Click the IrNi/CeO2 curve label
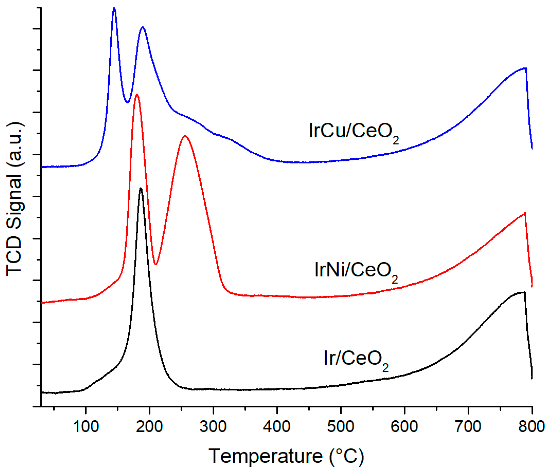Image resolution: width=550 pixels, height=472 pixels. [x=356, y=271]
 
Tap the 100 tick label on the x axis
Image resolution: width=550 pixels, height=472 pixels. [x=86, y=427]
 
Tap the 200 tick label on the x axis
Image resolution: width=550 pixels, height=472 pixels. [x=149, y=427]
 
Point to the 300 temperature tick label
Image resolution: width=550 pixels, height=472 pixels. [x=213, y=427]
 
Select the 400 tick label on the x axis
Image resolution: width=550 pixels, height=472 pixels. [x=277, y=427]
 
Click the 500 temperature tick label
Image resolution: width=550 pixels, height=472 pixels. [x=340, y=427]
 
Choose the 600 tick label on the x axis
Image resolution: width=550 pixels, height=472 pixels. [x=404, y=427]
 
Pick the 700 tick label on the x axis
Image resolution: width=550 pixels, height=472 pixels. [x=468, y=427]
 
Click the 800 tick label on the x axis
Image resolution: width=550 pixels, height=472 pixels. [x=532, y=427]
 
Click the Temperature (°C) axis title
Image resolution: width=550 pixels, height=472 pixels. [x=286, y=457]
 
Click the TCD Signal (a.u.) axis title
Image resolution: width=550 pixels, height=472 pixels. [x=15, y=199]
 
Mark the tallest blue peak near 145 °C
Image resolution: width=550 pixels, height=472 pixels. [x=114, y=8]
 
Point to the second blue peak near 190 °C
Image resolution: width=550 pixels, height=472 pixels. [x=143, y=27]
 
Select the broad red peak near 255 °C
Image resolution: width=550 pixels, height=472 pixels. [x=185, y=136]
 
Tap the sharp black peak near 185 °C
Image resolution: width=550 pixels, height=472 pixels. [x=141, y=188]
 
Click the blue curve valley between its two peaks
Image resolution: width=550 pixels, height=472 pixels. [x=127, y=102]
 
